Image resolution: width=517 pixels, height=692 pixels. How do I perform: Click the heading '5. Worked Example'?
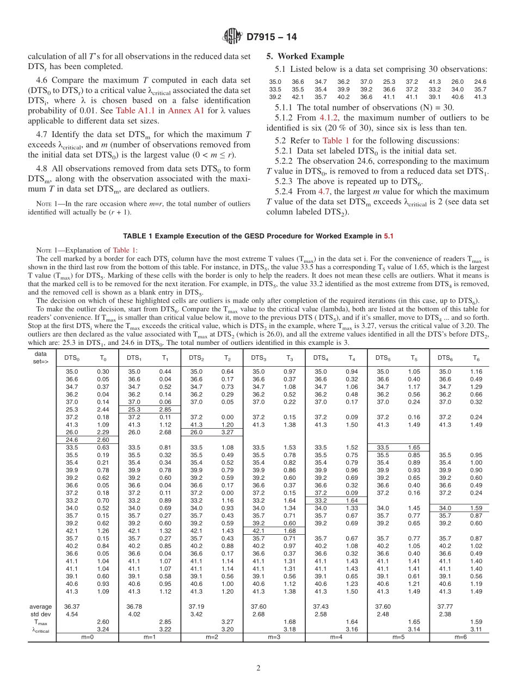(x=305, y=56)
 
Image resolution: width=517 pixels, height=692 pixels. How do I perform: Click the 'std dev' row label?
(x=41, y=614)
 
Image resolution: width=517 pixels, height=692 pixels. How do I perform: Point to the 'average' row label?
(x=41, y=606)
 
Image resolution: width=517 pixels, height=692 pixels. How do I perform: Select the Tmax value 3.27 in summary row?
(x=226, y=621)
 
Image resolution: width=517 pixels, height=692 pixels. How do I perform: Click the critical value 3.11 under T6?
(x=476, y=628)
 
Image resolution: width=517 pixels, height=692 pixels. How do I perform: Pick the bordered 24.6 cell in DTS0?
(x=72, y=439)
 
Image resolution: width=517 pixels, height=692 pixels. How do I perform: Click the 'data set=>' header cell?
(x=41, y=357)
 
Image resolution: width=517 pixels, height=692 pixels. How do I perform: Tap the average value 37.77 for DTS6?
(x=445, y=606)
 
